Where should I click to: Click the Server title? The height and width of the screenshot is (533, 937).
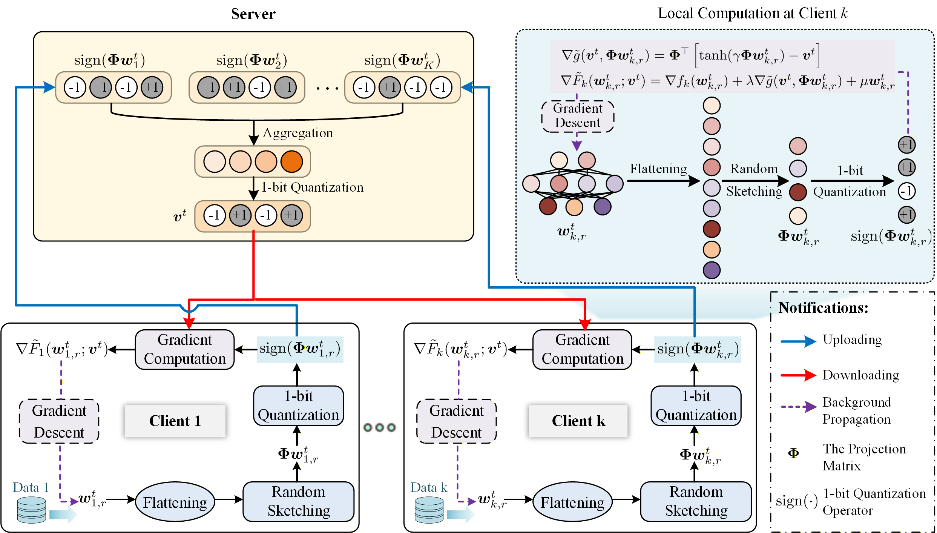[x=253, y=14]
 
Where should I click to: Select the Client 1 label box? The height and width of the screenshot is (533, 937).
[x=175, y=421]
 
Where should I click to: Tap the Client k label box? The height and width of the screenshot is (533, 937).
[x=578, y=421]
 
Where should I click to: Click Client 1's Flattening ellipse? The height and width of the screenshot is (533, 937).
[x=175, y=502]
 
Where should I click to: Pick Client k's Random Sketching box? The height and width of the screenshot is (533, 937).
[x=696, y=501]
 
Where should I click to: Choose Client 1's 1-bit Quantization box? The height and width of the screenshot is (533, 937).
[x=298, y=406]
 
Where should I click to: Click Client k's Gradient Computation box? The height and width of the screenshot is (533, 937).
[x=582, y=349]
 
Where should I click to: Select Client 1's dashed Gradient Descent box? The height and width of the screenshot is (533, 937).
[x=59, y=421]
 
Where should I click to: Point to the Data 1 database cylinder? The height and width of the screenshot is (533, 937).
[x=32, y=510]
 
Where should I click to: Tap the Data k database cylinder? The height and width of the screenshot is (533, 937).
[x=429, y=510]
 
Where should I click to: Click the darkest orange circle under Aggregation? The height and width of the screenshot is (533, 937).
[x=291, y=161]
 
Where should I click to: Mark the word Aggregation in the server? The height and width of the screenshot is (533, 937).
[x=298, y=133]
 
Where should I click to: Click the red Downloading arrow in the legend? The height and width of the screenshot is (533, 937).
[x=798, y=375]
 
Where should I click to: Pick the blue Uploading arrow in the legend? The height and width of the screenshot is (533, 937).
[x=798, y=341]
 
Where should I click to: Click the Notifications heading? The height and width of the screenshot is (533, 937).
[x=823, y=308]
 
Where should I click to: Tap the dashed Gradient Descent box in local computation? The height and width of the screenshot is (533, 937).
[x=577, y=116]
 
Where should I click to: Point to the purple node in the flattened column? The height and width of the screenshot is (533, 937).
[x=712, y=270]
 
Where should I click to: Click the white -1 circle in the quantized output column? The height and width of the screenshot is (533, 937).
[x=906, y=191]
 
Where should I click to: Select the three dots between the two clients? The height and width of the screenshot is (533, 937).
[x=379, y=427]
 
